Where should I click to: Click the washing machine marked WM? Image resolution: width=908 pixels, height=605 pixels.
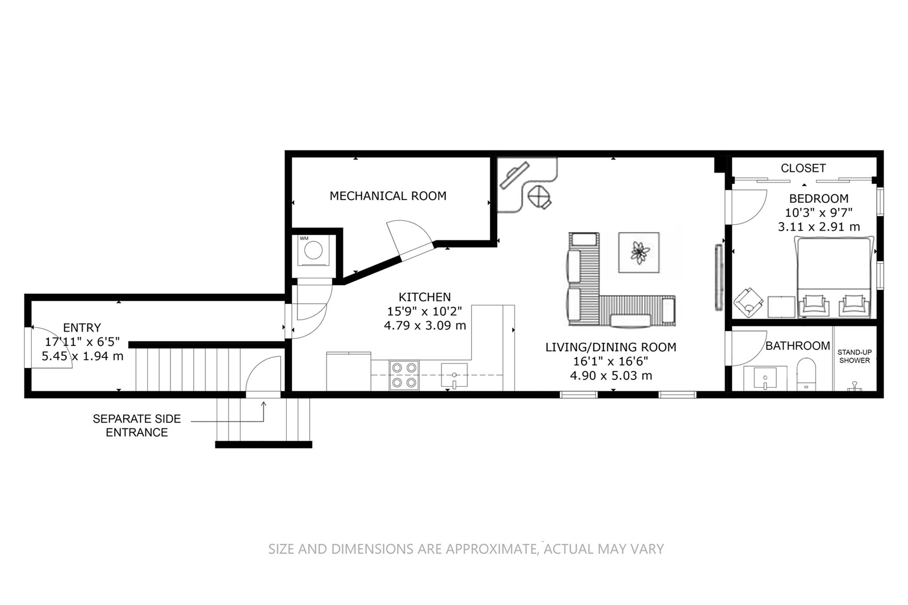click(314, 250)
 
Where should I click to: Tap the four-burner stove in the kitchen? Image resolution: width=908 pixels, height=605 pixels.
click(404, 375)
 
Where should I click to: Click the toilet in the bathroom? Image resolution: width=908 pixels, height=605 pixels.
click(806, 375)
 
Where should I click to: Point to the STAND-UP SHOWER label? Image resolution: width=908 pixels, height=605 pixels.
click(854, 356)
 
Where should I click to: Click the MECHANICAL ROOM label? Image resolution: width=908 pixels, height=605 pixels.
click(388, 195)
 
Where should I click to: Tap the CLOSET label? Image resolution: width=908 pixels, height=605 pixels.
click(803, 168)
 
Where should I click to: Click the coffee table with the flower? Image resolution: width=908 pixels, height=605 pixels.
click(639, 253)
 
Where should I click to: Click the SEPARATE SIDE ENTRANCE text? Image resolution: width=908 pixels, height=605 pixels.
click(137, 425)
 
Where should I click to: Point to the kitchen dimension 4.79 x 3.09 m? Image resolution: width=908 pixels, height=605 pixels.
click(425, 326)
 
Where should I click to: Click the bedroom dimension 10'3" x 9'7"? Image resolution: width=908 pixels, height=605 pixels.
click(818, 212)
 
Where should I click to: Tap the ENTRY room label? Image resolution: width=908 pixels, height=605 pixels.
click(82, 328)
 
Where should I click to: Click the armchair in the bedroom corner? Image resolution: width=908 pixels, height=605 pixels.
click(748, 302)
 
